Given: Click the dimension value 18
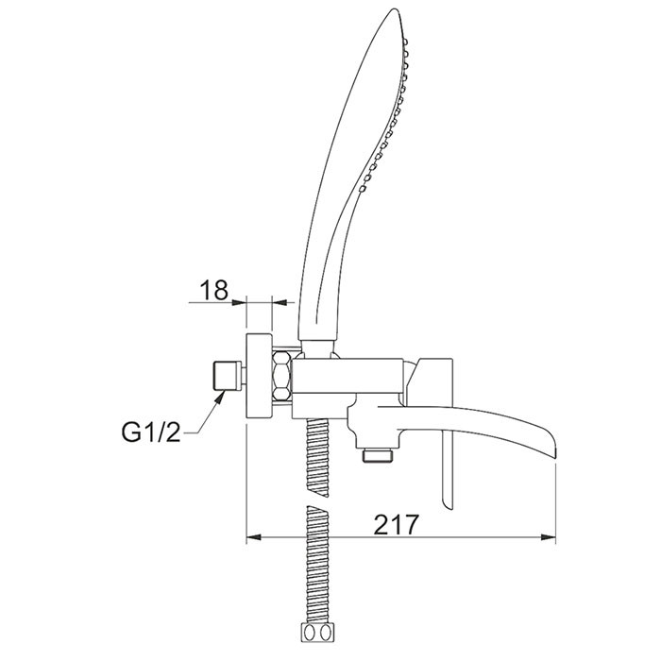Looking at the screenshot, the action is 213,290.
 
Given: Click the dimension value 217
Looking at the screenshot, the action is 397,524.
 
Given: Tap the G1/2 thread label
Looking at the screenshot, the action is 151,432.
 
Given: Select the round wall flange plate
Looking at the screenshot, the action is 260,376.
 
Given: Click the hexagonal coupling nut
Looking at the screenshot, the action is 281,377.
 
